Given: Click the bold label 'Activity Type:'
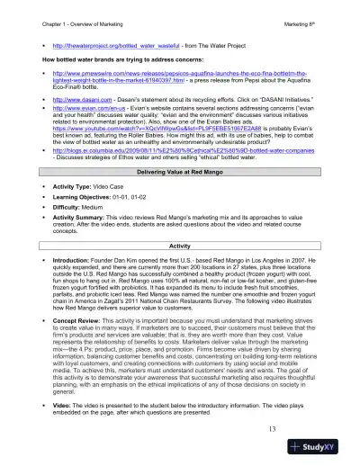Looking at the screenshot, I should tap(71, 184).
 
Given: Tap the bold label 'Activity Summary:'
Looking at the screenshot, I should tap(78, 216).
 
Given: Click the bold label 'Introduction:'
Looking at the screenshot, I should tap(69, 258).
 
